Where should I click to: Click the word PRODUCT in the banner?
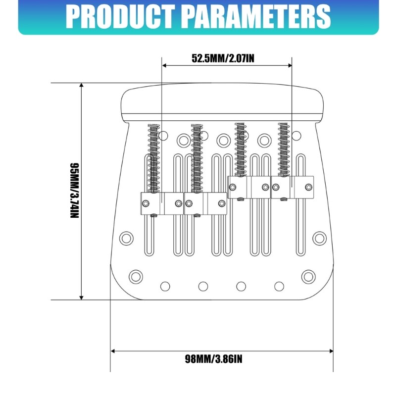coord(120,17)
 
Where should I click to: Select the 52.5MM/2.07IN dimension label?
coord(223,58)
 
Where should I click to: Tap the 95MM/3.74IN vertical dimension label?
coord(75,191)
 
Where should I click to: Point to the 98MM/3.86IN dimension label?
coord(213,359)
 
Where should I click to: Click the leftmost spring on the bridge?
coord(154,158)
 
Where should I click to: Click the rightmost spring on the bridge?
coord(284,149)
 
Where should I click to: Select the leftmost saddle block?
coord(162,203)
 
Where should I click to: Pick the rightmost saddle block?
coord(292,187)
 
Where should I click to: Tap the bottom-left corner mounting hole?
coord(136,277)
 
